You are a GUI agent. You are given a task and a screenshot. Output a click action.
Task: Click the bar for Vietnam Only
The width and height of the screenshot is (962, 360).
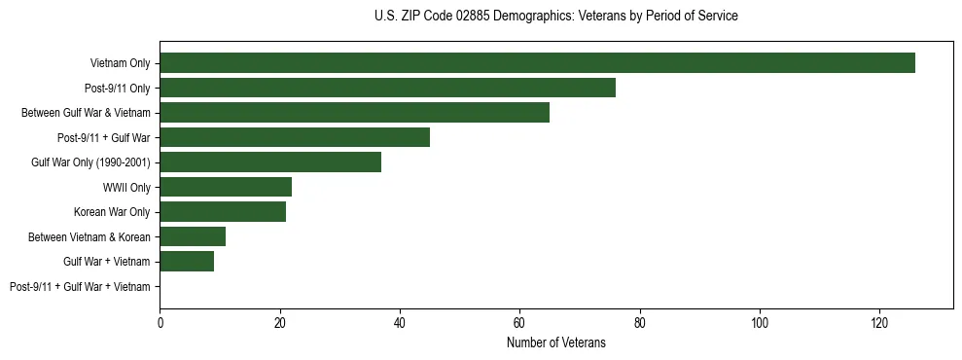click(x=537, y=63)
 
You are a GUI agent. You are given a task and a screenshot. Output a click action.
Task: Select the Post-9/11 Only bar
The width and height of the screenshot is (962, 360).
click(x=387, y=88)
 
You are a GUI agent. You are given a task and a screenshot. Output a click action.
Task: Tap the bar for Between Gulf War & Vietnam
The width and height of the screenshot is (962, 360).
click(x=354, y=113)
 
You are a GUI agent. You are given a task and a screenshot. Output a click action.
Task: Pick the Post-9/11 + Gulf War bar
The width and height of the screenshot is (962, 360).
click(x=295, y=137)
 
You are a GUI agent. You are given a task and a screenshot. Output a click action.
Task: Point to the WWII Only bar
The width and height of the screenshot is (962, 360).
click(x=226, y=187)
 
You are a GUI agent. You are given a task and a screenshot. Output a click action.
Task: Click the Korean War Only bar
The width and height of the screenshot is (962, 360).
click(x=223, y=212)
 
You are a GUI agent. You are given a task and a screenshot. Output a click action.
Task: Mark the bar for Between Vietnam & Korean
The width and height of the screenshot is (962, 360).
click(x=193, y=236)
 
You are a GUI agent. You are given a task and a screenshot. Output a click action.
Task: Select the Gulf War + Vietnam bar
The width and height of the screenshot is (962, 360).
click(x=187, y=262)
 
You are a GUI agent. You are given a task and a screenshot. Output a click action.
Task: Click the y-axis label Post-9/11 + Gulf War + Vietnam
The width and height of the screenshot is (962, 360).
click(x=80, y=287)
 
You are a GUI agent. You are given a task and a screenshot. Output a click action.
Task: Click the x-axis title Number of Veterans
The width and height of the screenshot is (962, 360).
click(x=555, y=342)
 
